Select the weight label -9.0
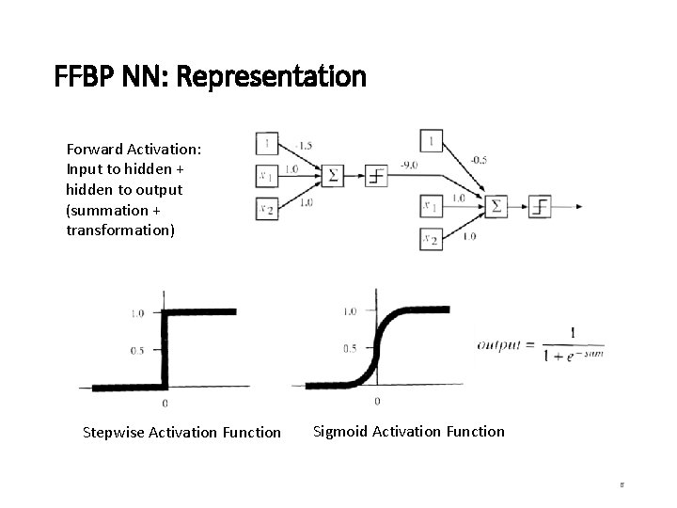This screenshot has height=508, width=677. pos(408,166)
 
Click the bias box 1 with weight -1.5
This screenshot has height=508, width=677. pos(267,145)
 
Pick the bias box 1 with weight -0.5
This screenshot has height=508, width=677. pos(431,141)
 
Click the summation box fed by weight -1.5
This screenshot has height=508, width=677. pos(332,175)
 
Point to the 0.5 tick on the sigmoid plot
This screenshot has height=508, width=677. pos(350,348)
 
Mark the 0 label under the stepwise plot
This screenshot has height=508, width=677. pos(165,403)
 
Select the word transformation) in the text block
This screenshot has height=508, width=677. pos(120,230)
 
